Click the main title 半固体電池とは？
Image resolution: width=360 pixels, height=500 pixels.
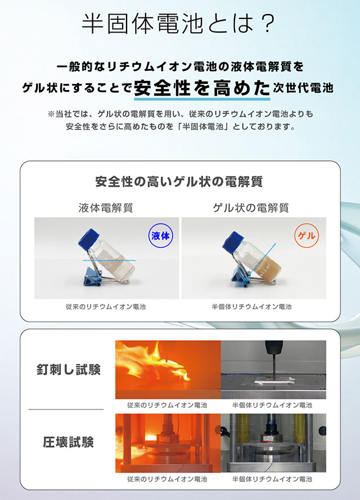pos(178,23)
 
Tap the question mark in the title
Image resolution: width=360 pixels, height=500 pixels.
pos(266,23)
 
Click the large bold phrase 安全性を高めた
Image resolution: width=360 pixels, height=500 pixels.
pos(202,88)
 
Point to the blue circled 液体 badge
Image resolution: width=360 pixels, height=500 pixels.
pos(160,236)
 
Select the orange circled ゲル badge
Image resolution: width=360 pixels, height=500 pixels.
pos(307,236)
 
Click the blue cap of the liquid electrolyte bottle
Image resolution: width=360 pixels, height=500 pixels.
pos(88,238)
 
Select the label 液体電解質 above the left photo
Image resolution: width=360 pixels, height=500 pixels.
pos(106,208)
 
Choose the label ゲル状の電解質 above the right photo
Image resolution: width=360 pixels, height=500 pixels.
pos(251,208)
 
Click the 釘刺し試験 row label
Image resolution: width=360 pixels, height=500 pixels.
pos(69,370)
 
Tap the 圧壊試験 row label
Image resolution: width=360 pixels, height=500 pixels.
pos(69,442)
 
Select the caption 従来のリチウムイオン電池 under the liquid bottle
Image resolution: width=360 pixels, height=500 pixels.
pos(106,307)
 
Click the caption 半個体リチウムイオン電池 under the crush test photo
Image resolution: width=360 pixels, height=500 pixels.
pos(272,479)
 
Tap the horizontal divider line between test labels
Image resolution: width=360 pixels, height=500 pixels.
pos(66,409)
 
